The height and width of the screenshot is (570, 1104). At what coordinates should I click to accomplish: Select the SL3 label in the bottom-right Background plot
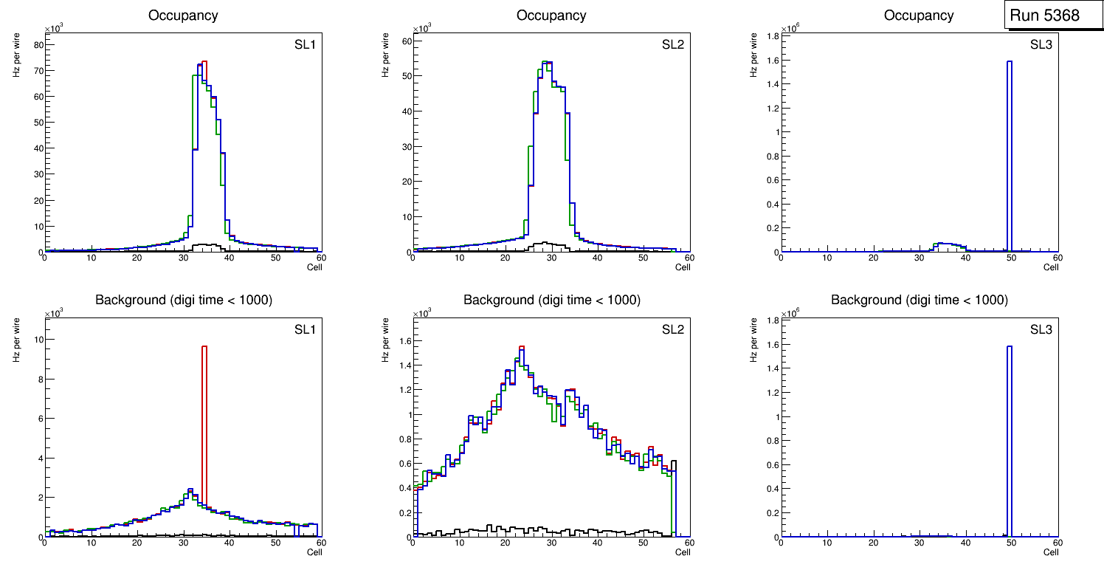pos(1041,329)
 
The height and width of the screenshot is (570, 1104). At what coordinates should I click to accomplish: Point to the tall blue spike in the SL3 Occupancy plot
pos(1009,155)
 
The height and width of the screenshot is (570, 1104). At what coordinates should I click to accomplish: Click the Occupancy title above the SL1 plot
pos(183,16)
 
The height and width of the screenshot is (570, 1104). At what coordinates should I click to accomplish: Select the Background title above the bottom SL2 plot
pos(551,300)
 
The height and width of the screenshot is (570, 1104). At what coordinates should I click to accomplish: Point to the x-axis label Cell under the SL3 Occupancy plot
pos(1051,267)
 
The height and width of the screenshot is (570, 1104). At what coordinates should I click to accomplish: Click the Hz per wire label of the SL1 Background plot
pos(15,339)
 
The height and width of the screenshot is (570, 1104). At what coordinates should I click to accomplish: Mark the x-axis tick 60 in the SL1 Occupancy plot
pos(321,258)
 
